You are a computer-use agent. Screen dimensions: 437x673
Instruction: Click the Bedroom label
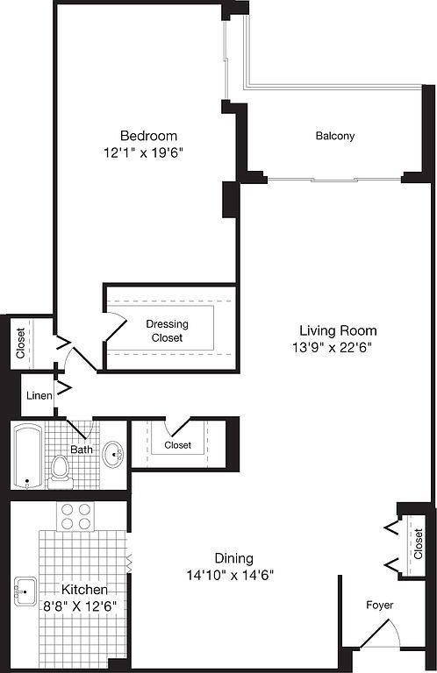(x=148, y=136)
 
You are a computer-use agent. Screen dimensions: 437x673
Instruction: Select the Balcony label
(x=335, y=136)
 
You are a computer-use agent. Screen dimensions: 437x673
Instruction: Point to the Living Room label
(x=338, y=330)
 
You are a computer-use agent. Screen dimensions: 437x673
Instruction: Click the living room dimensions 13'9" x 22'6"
(x=332, y=347)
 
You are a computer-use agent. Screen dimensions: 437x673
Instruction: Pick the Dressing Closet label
(x=167, y=330)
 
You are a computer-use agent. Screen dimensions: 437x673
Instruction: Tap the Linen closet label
(x=39, y=395)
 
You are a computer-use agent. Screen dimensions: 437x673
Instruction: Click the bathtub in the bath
(x=27, y=456)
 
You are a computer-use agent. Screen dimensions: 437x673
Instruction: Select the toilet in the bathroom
(x=61, y=471)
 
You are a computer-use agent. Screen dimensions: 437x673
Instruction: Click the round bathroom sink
(x=113, y=454)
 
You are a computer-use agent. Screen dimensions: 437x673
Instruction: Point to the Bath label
(x=82, y=450)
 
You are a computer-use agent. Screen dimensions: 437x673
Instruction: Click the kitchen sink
(x=25, y=591)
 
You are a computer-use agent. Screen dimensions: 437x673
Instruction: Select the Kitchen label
(x=84, y=589)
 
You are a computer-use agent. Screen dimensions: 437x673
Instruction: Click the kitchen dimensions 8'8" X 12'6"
(x=80, y=606)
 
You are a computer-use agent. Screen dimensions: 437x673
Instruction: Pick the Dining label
(x=233, y=558)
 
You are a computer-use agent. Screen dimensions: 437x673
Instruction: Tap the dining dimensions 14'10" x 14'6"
(x=230, y=575)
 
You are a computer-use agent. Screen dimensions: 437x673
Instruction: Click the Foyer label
(x=380, y=605)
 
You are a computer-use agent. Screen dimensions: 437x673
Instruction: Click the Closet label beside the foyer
(x=418, y=543)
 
